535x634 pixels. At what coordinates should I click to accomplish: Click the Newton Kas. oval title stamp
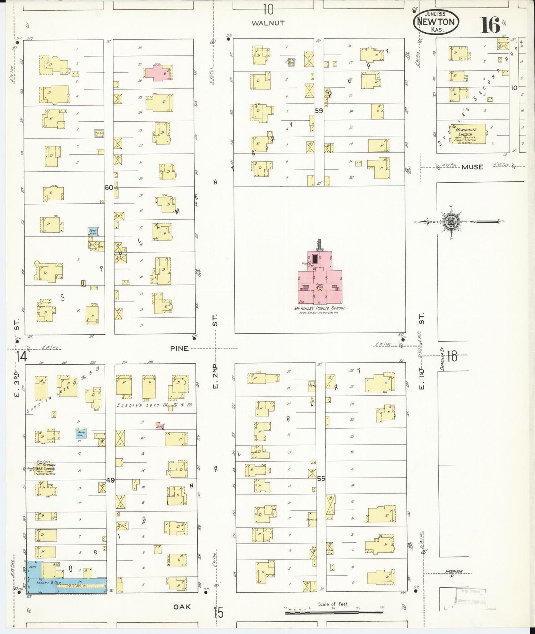[x=436, y=22]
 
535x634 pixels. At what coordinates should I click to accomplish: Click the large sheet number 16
[x=491, y=25]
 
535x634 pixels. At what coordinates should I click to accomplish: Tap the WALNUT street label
[x=268, y=23]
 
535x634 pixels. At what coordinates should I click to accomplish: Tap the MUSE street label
[x=472, y=167]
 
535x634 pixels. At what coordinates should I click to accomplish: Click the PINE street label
[x=180, y=348]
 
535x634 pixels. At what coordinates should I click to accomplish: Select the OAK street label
[x=182, y=607]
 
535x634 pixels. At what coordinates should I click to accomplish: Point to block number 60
[x=108, y=188]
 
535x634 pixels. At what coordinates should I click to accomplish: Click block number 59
[x=319, y=110]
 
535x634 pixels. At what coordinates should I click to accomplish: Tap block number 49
[x=110, y=480]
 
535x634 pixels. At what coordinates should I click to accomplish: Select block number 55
[x=321, y=478]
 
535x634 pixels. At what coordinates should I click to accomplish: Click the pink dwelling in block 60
[x=158, y=72]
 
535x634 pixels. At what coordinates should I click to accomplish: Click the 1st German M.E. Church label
[x=46, y=468]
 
